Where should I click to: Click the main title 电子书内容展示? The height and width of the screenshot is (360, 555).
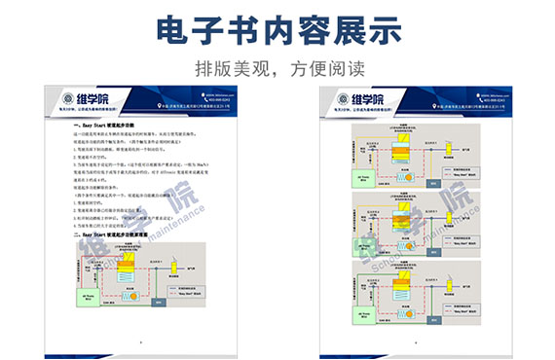277,30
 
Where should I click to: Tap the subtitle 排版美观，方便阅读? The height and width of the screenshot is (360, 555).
277,69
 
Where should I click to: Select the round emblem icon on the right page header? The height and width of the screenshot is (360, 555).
341,100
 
